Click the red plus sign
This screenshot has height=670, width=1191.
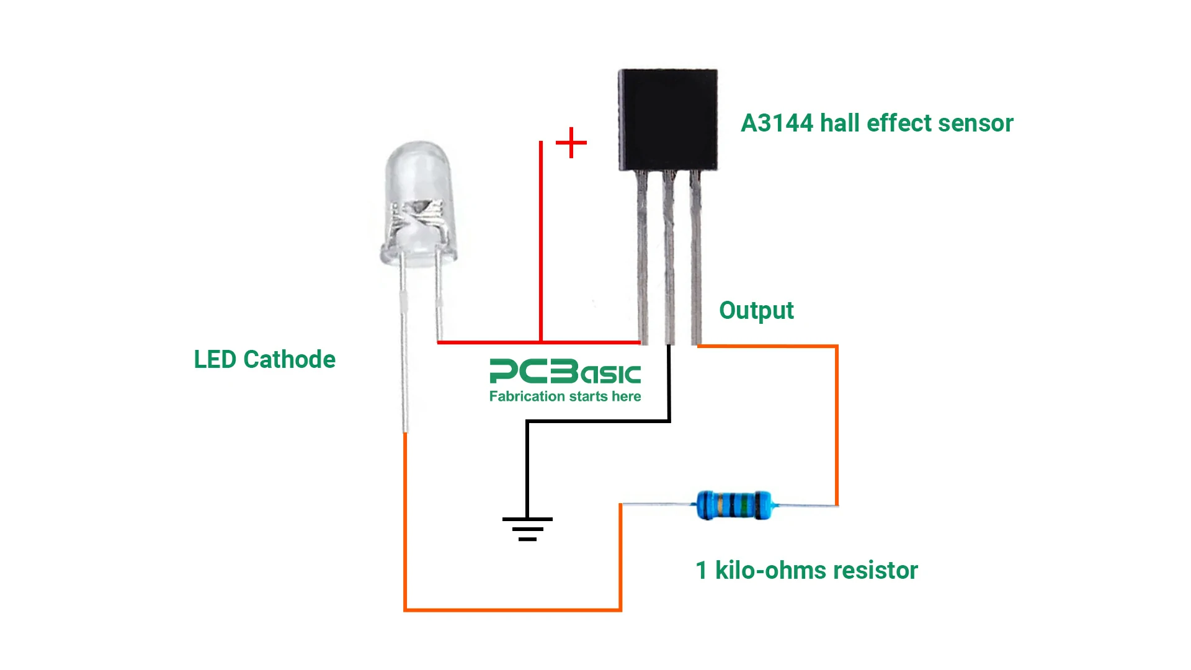pos(571,143)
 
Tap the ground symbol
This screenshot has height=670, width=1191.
pos(527,529)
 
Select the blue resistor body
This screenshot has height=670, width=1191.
pos(733,504)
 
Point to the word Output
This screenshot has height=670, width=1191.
pos(756,310)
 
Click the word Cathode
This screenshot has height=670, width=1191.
pos(289,359)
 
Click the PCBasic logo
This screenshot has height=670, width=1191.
pos(564,372)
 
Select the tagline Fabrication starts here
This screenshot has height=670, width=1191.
pos(564,396)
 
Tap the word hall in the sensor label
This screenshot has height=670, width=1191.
pos(840,123)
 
